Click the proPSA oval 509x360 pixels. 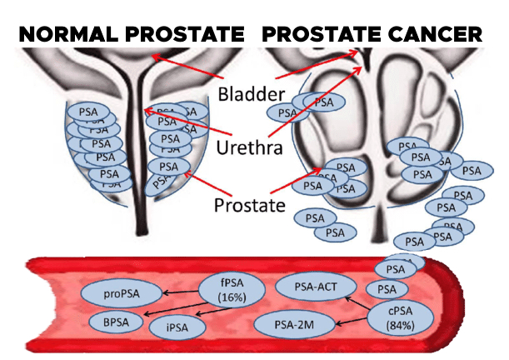[121, 293]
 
